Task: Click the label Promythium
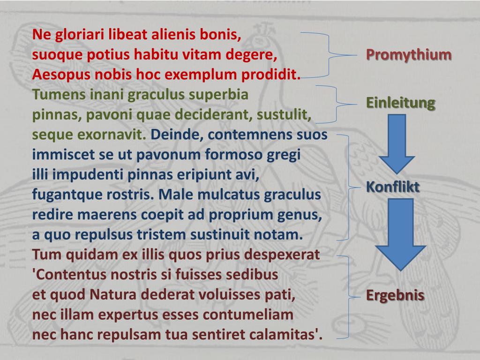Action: [409, 55]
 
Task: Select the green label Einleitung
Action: [400, 103]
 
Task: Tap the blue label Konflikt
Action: [392, 187]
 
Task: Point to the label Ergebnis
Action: [395, 295]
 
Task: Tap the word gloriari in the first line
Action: [80, 35]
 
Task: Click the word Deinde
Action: [176, 135]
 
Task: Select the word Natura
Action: [113, 295]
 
